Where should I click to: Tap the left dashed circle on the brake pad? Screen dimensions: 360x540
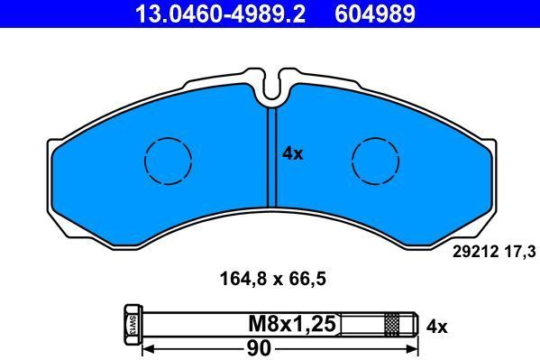[x=168, y=162]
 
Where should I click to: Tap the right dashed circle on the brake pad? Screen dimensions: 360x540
[x=375, y=162]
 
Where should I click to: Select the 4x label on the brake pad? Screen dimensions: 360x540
[x=293, y=154]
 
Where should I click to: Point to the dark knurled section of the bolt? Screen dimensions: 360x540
[x=391, y=324]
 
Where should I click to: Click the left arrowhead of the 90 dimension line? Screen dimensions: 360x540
[x=151, y=346]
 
